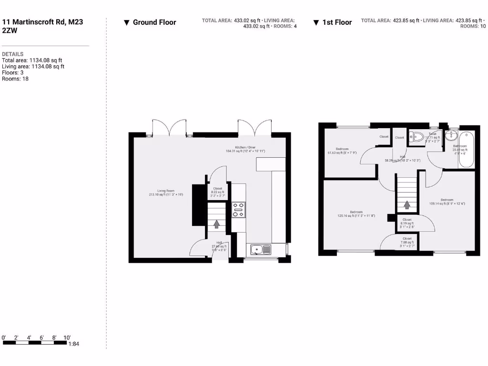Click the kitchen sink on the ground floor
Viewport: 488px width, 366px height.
[x=260, y=249]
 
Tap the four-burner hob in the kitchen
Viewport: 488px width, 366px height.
[x=239, y=210]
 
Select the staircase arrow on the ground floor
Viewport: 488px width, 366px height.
[x=217, y=223]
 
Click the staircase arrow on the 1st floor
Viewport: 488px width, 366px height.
[x=407, y=205]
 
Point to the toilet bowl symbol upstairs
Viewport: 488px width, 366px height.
[x=417, y=137]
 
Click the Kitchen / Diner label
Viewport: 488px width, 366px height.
[x=245, y=149]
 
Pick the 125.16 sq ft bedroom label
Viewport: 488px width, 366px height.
[x=356, y=214]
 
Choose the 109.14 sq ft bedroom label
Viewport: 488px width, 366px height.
[x=447, y=202]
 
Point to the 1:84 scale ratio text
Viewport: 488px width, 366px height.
[x=74, y=344]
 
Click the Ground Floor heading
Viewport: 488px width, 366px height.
[x=154, y=22]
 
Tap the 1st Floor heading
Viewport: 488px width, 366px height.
[x=337, y=22]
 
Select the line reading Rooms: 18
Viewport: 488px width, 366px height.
[x=15, y=79]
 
